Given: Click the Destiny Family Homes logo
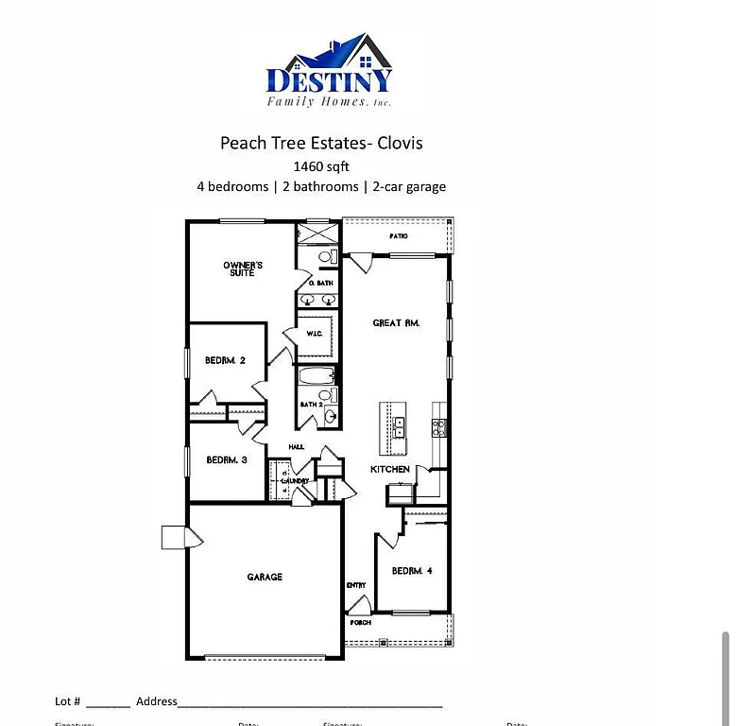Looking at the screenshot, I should click(x=328, y=73).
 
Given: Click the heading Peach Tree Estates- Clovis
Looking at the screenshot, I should click(x=321, y=143).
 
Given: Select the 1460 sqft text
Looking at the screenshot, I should click(x=321, y=166).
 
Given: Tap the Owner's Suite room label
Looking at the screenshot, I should click(x=243, y=268).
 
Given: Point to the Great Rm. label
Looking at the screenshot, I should click(x=396, y=323).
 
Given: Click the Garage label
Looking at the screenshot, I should click(x=265, y=577).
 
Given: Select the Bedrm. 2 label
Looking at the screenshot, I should click(x=226, y=360).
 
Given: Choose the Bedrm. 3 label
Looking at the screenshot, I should click(x=227, y=460).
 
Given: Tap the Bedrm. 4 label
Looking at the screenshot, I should click(x=412, y=571).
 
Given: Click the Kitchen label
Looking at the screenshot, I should click(x=389, y=470).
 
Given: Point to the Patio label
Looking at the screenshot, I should click(x=399, y=236).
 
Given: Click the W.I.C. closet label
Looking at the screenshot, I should click(x=316, y=334).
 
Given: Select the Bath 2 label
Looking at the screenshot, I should click(x=311, y=405).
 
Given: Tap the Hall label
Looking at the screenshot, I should click(x=296, y=448).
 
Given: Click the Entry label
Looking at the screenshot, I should click(x=356, y=586).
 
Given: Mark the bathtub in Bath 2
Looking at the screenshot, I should click(x=312, y=377).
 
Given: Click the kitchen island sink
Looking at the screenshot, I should click(x=399, y=428).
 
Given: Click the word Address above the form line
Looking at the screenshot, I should click(x=156, y=701).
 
